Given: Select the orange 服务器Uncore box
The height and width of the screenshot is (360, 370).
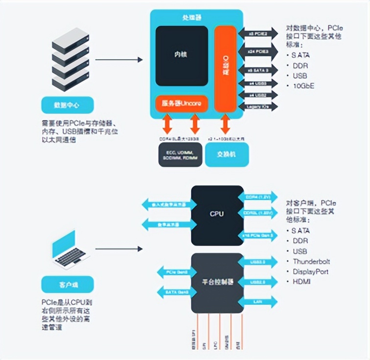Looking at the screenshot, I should pos(182,104).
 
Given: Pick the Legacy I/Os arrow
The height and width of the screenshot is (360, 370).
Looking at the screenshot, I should pos(257,106).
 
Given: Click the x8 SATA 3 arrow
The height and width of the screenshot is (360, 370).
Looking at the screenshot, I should pos(257,70).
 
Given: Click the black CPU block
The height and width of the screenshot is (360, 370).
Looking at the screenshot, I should pos(217,213).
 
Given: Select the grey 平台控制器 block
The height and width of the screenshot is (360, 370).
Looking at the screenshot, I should pos(217,283).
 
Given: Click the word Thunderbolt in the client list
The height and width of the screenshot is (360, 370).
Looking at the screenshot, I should pos(311,262).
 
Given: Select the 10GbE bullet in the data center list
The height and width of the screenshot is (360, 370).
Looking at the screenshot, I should pos(303,86).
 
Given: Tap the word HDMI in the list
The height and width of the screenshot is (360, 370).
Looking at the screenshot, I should pos(301,282).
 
